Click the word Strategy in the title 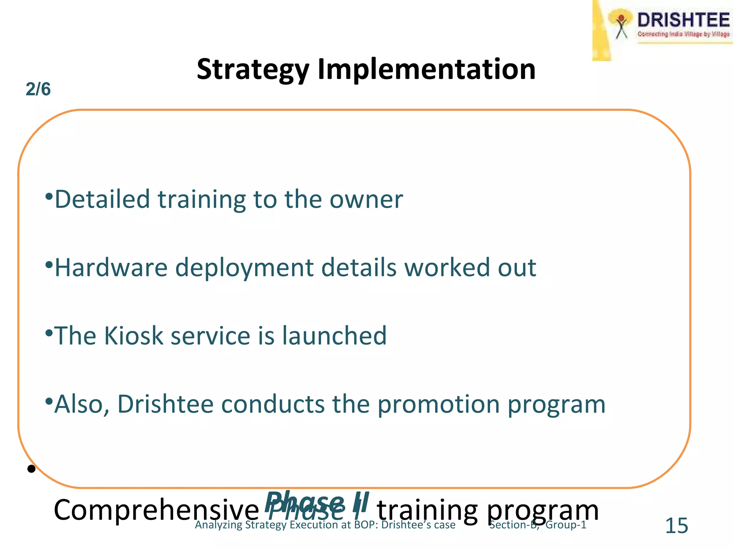[253, 70]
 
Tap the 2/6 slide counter [38, 89]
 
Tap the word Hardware [111, 267]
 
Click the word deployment [244, 267]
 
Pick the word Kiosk [134, 336]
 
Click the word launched [334, 336]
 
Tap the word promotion [438, 404]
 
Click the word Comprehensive [156, 510]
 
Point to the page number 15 [676, 526]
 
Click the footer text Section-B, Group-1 [538, 525]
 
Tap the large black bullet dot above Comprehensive [31, 469]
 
